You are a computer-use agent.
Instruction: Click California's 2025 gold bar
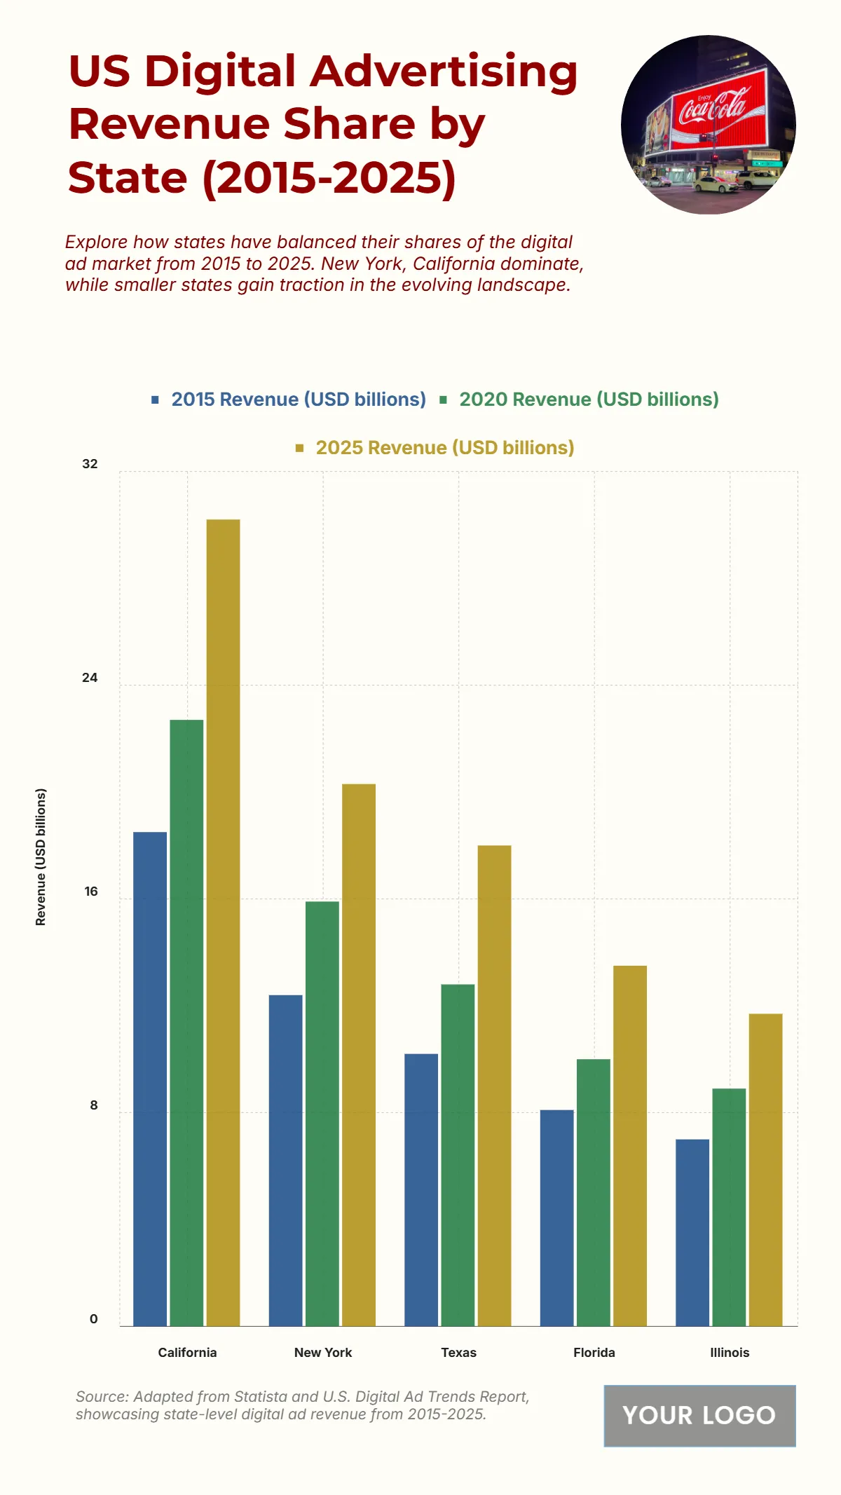223,922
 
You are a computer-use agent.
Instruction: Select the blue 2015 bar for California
150,1079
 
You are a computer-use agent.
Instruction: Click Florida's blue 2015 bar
556,1217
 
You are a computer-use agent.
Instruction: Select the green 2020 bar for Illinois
729,1207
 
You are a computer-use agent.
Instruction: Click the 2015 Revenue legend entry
298,400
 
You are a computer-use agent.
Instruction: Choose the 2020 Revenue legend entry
588,400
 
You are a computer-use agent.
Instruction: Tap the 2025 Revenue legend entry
444,448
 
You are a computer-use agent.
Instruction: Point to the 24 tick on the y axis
90,678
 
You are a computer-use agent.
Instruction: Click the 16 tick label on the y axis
91,892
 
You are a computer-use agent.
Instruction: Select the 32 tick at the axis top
90,464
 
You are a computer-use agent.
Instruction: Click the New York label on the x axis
323,1353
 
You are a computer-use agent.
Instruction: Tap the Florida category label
594,1353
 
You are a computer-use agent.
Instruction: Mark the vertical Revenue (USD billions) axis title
41,857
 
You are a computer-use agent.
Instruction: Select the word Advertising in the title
444,71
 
